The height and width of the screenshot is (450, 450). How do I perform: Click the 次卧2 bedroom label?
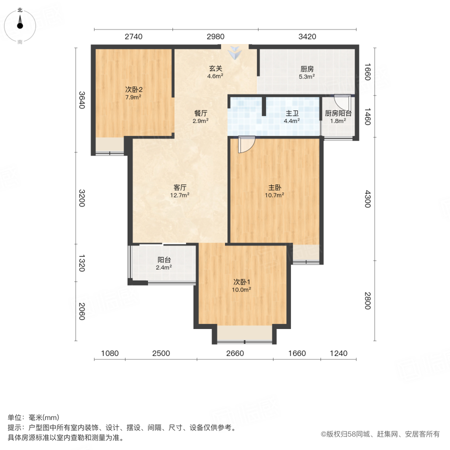tap(133, 90)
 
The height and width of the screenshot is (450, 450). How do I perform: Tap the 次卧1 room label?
tap(241, 281)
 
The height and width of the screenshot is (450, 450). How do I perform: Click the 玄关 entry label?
tap(215, 69)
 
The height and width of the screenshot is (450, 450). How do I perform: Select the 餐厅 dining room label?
tap(201, 113)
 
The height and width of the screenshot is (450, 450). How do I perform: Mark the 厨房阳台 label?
tap(338, 113)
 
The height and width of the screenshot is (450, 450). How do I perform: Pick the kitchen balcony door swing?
tap(343, 99)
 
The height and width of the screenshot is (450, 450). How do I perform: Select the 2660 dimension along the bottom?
tap(234, 353)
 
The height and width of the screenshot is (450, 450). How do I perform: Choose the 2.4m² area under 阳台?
tap(164, 267)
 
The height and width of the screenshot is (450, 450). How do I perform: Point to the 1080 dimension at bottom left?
tap(110, 353)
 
